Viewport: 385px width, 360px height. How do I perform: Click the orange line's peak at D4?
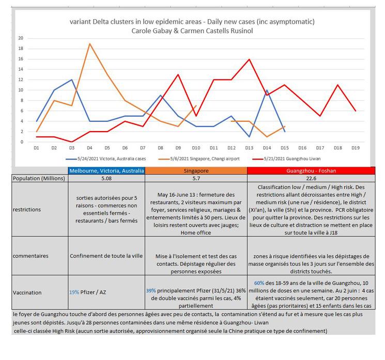pos(90,43)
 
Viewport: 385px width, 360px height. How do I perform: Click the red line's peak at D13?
pos(250,59)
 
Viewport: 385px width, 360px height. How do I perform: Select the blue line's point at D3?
pos(72,80)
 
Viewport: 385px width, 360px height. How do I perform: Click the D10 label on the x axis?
pos(196,148)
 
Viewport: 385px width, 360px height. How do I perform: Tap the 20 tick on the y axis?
pos(20,38)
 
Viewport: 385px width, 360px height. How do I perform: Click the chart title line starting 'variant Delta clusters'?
pos(192,22)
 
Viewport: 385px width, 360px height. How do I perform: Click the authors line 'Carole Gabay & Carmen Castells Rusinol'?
pos(192,30)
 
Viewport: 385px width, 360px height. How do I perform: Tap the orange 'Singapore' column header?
pos(196,171)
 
